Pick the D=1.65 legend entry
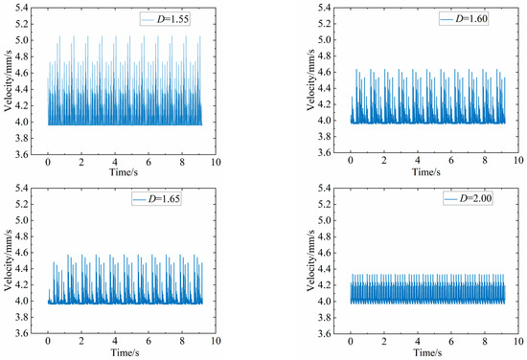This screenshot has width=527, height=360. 162,199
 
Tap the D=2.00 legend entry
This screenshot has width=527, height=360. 466,199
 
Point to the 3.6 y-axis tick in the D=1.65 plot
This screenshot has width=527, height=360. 23,333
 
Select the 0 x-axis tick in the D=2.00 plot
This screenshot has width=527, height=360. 351,343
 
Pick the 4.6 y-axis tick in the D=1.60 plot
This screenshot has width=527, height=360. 326,72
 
